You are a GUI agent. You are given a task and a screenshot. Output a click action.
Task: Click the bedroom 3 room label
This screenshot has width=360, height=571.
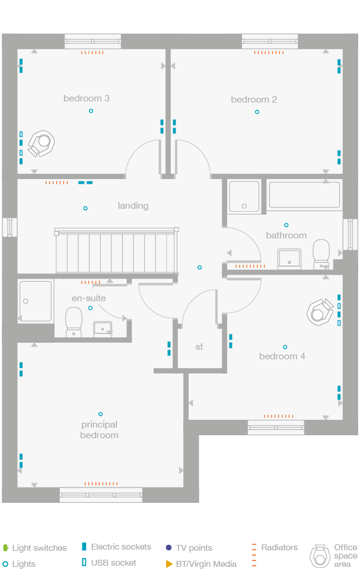86,98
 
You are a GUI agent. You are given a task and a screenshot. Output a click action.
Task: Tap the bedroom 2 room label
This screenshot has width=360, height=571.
254,100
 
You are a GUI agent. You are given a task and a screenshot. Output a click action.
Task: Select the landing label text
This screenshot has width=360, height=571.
133,206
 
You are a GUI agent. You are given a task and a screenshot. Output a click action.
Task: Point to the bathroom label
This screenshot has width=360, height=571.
286,235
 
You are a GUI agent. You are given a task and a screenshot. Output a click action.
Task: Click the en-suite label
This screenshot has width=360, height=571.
88,298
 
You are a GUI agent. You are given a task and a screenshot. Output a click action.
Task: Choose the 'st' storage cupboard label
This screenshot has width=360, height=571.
199,347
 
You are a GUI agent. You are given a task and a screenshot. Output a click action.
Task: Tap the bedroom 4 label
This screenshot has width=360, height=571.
282,356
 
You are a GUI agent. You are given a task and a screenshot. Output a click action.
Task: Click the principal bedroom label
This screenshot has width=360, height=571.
100,430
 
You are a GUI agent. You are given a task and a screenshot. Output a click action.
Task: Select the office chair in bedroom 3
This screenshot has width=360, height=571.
42,143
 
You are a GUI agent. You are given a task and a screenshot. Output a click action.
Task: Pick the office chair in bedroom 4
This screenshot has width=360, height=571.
320,312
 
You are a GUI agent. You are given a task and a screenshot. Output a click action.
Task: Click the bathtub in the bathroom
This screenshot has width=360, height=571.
304,195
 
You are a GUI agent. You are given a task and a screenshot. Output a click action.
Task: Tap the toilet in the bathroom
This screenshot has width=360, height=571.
321,253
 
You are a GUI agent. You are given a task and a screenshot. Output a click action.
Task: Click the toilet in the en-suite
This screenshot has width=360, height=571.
74,322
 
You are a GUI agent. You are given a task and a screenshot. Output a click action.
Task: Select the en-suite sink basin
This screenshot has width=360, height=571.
103,328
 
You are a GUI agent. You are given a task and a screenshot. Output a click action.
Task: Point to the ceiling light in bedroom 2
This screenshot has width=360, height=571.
257,111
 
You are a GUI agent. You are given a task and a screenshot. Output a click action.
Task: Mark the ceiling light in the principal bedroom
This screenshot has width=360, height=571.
100,414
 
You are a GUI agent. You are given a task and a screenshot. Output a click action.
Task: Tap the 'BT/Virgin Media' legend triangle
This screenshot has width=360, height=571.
169,564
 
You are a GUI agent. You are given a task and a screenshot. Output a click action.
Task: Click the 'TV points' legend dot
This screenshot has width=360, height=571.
168,548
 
